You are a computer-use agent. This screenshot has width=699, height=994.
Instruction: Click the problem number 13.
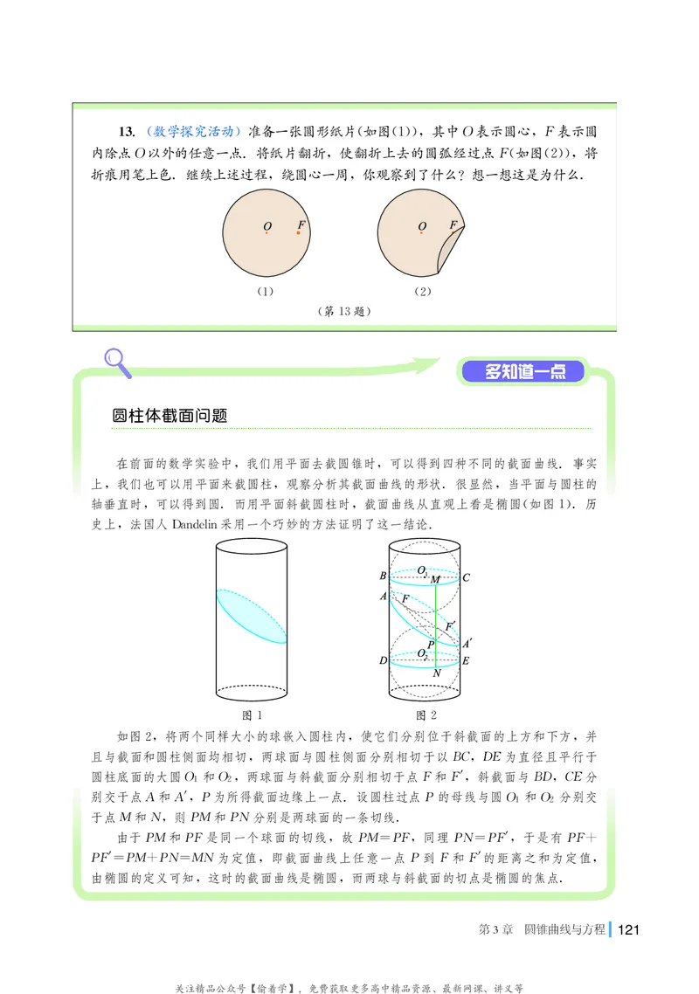pyautogui.click(x=126, y=132)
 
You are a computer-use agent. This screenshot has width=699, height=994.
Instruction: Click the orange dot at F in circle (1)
pyautogui.click(x=298, y=232)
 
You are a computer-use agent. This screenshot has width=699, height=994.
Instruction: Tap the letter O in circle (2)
pyautogui.click(x=422, y=227)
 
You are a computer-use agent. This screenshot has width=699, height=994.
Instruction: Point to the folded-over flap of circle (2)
pyautogui.click(x=453, y=248)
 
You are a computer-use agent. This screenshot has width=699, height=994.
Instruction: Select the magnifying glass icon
pyautogui.click(x=116, y=361)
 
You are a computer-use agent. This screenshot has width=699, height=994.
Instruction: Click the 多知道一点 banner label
pyautogui.click(x=523, y=372)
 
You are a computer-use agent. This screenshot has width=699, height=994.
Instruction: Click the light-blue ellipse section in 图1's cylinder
pyautogui.click(x=252, y=616)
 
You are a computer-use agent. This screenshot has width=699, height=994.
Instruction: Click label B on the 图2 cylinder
pyautogui.click(x=383, y=576)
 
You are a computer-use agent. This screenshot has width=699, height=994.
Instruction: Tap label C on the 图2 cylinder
pyautogui.click(x=467, y=576)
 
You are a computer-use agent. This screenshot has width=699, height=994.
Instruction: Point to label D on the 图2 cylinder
pyautogui.click(x=383, y=660)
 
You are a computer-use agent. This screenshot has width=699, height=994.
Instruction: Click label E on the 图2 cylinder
pyautogui.click(x=467, y=661)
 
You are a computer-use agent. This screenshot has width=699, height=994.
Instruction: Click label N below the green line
pyautogui.click(x=436, y=673)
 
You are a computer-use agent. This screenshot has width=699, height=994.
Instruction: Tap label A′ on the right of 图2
pyautogui.click(x=467, y=643)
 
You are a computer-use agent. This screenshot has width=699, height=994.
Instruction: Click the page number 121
pyautogui.click(x=629, y=928)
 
